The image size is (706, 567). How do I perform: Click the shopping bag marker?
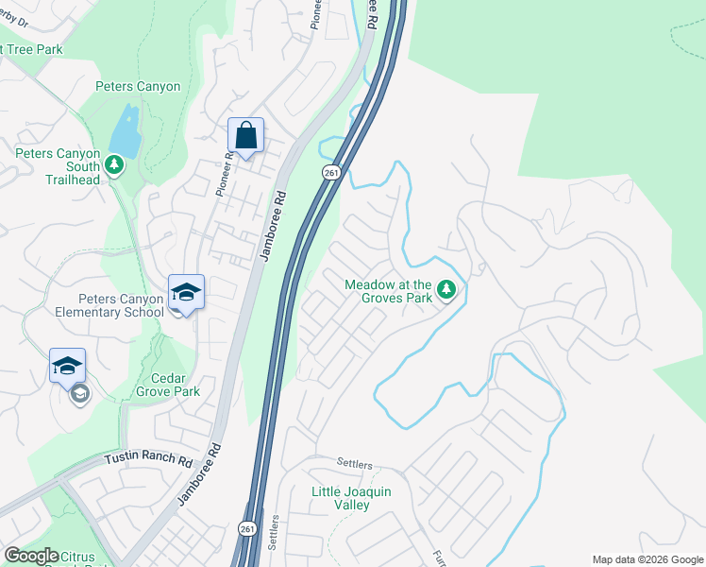click(245, 137)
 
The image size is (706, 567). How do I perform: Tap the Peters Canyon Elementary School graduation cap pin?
click(186, 292)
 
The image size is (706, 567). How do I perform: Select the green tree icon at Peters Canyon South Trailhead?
click(114, 166)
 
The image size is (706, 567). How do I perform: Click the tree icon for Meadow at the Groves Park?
click(447, 290)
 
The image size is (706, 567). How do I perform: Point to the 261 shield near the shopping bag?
click(330, 172)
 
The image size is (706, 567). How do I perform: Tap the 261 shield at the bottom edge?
click(246, 529)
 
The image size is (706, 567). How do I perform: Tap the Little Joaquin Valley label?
click(351, 498)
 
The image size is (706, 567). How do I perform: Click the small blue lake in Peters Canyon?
click(124, 130)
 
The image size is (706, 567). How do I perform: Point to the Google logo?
click(31, 556)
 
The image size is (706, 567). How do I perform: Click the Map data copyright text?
click(647, 559)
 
